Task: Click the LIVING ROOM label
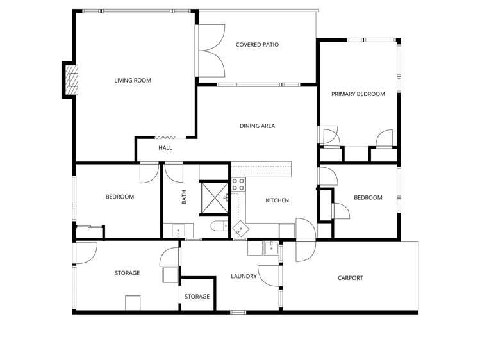[133, 81]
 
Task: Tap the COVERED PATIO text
[257, 45]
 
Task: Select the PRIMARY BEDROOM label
[358, 94]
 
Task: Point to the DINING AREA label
[257, 126]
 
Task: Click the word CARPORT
[350, 278]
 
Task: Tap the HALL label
[165, 148]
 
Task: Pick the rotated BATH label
[185, 197]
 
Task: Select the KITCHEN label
[277, 200]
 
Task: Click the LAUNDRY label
[244, 277]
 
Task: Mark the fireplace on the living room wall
[70, 80]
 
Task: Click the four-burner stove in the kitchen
[238, 184]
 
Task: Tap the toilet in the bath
[218, 226]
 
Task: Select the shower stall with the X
[214, 197]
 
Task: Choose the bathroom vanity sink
[178, 229]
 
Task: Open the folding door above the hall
[165, 136]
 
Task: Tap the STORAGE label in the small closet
[197, 297]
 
